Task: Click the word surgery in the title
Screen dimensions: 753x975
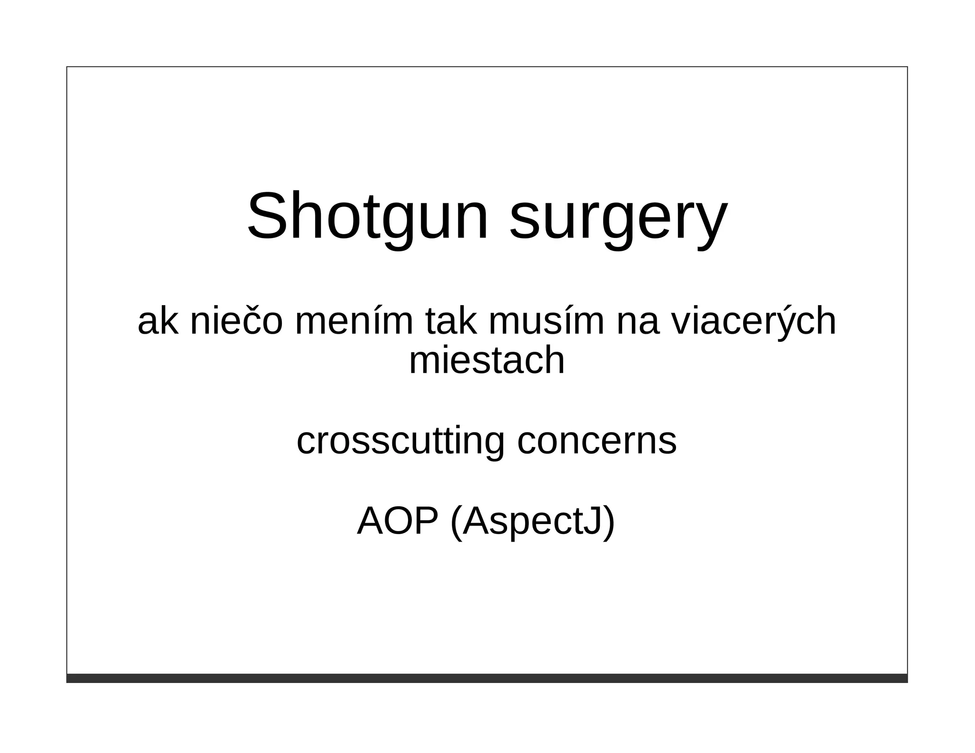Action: (618, 219)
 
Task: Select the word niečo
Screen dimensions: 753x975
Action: (236, 321)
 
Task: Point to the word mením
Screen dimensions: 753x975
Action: (354, 321)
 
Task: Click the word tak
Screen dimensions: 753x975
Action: (450, 321)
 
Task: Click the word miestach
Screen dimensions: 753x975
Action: (487, 360)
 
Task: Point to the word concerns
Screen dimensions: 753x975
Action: (597, 441)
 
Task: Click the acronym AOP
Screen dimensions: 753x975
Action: (397, 522)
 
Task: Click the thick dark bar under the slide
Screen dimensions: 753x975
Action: (487, 678)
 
